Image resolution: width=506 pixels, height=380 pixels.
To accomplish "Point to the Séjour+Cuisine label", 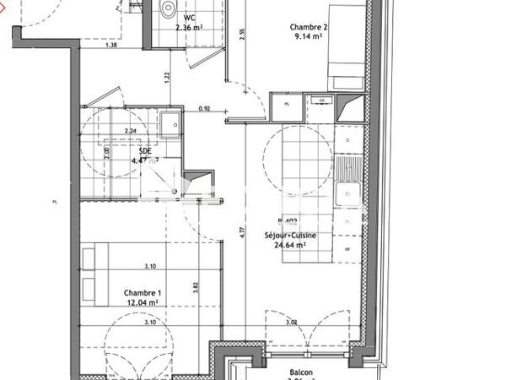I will [x=290, y=236].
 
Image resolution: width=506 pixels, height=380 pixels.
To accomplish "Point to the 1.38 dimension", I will [x=110, y=46].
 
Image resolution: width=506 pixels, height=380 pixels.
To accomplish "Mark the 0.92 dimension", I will [x=203, y=108].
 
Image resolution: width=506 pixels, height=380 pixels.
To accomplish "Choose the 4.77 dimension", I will [x=242, y=229].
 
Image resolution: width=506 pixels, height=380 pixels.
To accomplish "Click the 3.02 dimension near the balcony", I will [x=292, y=322].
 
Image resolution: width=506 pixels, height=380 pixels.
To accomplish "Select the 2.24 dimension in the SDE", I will [x=130, y=131].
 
